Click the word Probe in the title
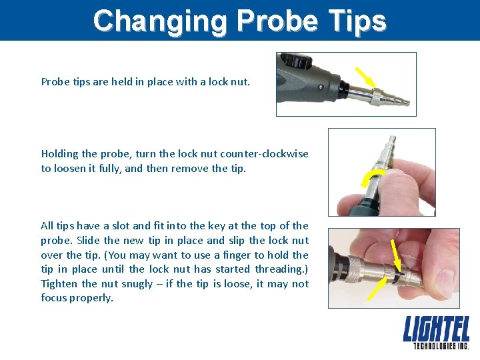278,21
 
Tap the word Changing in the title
160,22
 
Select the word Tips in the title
357,22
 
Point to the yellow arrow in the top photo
365,77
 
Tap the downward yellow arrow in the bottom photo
396,255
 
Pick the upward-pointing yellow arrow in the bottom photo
377,288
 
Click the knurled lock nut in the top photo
376,97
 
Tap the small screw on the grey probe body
321,87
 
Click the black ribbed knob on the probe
296,61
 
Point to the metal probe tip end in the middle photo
392,139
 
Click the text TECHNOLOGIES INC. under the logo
441,346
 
